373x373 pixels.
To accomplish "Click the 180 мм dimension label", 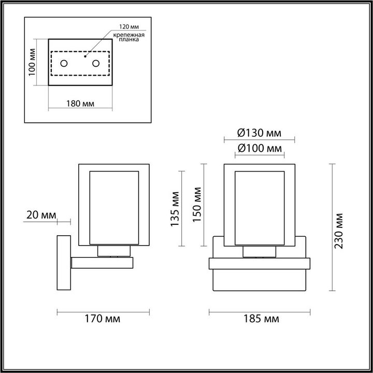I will tap(80, 104).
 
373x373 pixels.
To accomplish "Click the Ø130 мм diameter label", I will tap(259, 133).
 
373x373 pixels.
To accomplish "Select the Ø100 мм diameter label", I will tap(259, 148).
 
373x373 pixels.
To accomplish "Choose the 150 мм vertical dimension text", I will tap(197, 205).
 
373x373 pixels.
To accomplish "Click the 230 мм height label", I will tap(339, 231).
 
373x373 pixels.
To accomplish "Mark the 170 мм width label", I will tap(103, 319).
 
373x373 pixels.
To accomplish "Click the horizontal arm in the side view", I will tap(102, 263).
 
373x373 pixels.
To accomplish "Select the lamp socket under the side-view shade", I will tap(113, 251).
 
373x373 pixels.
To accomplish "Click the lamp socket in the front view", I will tap(259, 251).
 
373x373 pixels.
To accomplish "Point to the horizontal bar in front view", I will tap(259, 263).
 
